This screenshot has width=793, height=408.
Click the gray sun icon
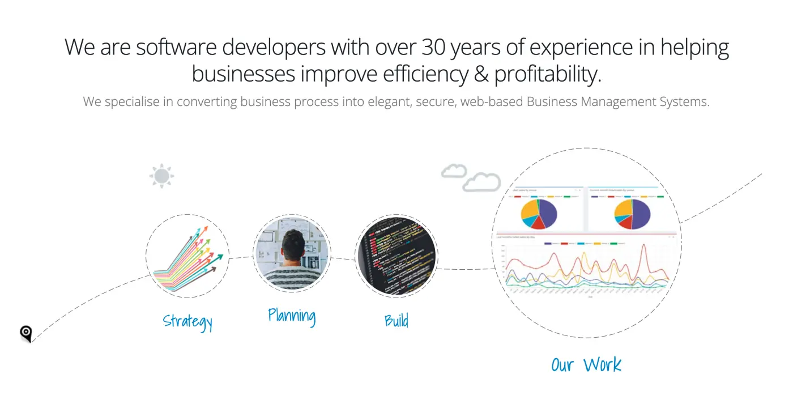click(161, 176)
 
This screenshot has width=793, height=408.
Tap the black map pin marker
click(26, 333)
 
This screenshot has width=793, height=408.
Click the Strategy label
click(187, 321)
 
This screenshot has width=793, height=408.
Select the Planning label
click(292, 315)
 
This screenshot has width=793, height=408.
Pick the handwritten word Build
click(396, 321)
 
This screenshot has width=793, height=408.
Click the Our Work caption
click(586, 364)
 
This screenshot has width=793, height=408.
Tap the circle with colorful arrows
click(187, 256)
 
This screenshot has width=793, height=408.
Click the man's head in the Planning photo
click(293, 245)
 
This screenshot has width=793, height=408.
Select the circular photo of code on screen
click(396, 256)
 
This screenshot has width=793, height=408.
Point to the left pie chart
click(539, 214)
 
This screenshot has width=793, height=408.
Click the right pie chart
click(632, 214)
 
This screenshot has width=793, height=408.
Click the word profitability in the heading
click(547, 74)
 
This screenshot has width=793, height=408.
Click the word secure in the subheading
click(436, 102)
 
